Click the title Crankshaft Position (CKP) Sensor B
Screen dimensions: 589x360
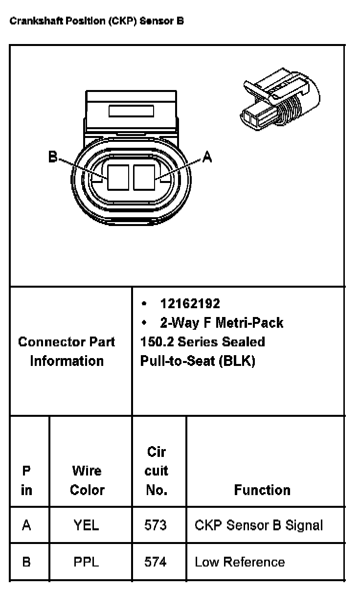(x=97, y=22)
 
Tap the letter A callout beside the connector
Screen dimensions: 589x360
(x=207, y=157)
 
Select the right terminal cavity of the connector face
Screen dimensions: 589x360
(x=144, y=177)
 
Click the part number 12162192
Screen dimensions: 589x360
(x=190, y=304)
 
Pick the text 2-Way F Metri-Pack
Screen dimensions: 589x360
(x=221, y=323)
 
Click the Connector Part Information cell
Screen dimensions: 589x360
(x=67, y=351)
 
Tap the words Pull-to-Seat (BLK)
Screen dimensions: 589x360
(x=198, y=361)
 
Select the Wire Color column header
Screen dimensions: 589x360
(x=87, y=480)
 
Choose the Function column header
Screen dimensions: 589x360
(x=262, y=490)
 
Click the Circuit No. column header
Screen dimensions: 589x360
(x=157, y=471)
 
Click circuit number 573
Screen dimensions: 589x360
(x=156, y=525)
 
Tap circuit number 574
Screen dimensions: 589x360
(x=156, y=562)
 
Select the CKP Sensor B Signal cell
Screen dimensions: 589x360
(x=259, y=525)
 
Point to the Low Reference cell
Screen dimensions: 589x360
(x=240, y=562)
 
